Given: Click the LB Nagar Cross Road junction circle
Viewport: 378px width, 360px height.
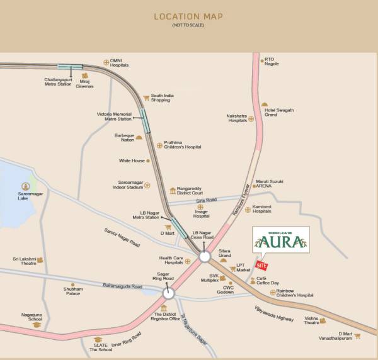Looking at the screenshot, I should [205, 257].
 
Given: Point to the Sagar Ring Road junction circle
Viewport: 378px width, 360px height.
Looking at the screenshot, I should [168, 293].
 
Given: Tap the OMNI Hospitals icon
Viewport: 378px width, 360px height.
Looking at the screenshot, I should [106, 62].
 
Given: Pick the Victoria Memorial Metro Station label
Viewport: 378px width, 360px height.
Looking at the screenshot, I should [114, 116].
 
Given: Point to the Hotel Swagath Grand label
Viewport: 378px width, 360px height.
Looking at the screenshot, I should [279, 112].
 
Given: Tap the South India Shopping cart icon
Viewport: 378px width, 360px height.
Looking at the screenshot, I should [146, 98].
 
